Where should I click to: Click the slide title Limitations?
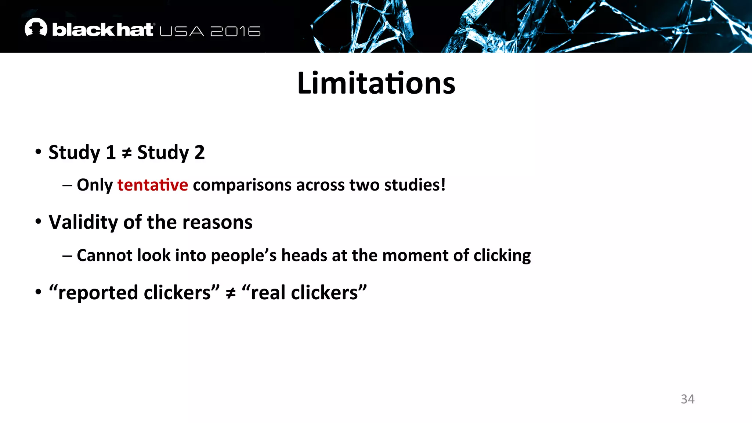click(x=376, y=83)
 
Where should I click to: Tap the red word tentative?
click(x=152, y=185)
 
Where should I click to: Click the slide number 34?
click(x=687, y=399)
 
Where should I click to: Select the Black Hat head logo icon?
click(x=36, y=28)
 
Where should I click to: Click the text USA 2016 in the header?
click(x=210, y=31)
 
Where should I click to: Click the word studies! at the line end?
click(x=415, y=185)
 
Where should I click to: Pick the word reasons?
click(x=217, y=223)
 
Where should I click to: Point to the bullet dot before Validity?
click(x=38, y=221)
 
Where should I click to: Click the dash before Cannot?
click(x=67, y=256)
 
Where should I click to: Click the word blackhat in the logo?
click(x=102, y=30)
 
